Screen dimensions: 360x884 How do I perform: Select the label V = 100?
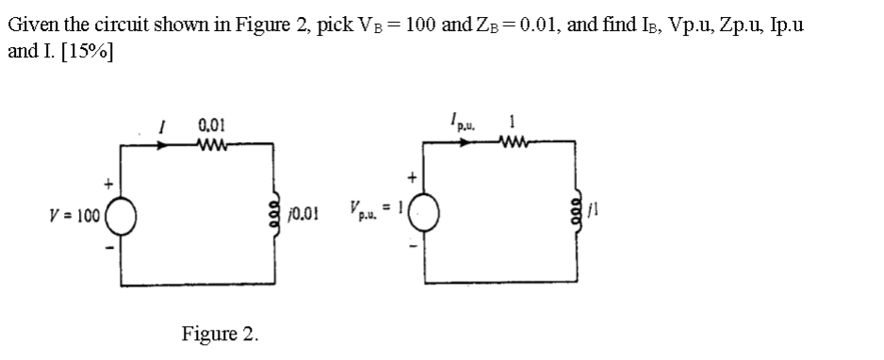75,214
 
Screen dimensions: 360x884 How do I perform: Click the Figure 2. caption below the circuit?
220,333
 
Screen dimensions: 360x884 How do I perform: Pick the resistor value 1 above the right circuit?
510,123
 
